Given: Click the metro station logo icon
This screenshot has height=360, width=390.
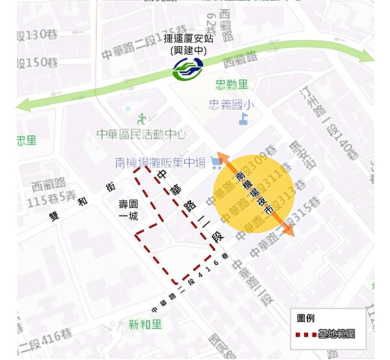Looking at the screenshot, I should coord(187,68).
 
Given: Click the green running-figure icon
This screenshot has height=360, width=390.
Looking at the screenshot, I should coord(142,118).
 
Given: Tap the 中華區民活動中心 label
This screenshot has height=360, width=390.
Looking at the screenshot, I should coord(141,135).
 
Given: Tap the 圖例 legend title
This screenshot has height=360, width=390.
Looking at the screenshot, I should coord(306,318).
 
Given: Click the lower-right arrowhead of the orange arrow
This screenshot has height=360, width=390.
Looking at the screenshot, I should coord(290,231).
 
